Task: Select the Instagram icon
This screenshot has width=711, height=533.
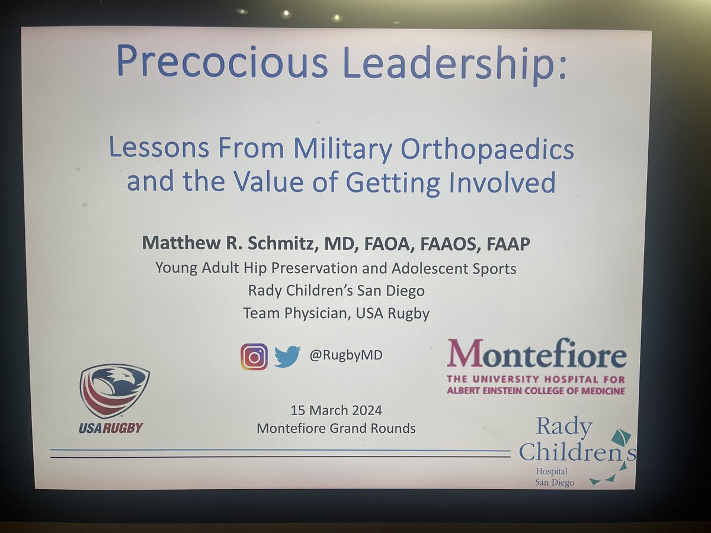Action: [x=254, y=357]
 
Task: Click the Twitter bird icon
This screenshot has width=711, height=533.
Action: [x=287, y=357]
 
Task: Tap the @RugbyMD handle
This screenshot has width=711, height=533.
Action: [x=345, y=356]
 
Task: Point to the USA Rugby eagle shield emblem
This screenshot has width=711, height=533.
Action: [x=114, y=391]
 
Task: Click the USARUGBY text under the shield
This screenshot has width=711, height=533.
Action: [x=111, y=427]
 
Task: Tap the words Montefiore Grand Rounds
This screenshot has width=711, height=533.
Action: [x=336, y=428]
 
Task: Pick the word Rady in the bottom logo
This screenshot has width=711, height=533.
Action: [x=555, y=426]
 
